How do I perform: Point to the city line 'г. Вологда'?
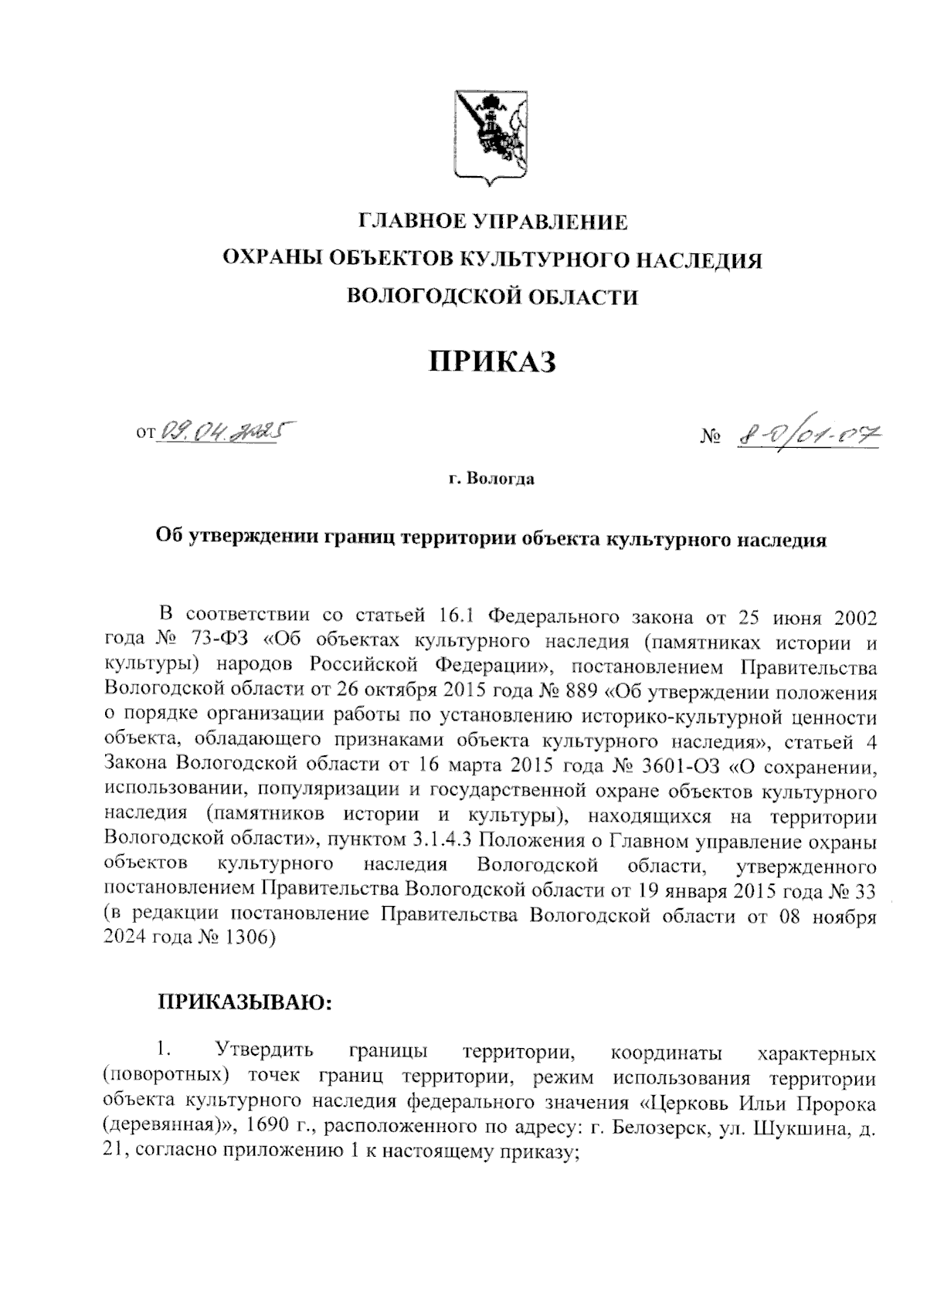pos(491,480)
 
